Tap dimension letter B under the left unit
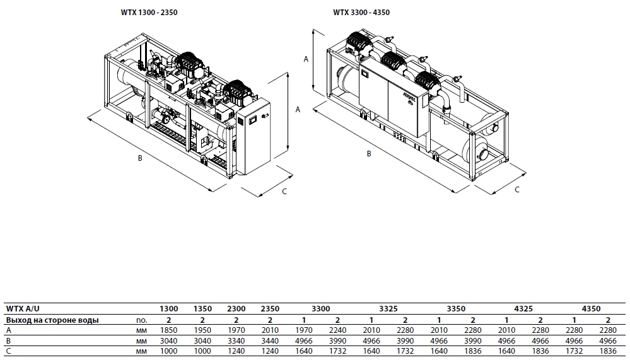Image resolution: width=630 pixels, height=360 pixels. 140,158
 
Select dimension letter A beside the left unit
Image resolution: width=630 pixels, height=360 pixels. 298,109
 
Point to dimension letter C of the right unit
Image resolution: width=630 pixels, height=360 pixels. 517,189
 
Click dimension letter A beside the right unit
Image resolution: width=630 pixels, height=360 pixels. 306,59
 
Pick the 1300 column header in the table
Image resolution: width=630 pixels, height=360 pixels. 169,309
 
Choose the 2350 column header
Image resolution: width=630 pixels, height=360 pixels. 270,309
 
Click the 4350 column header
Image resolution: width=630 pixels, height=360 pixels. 591,309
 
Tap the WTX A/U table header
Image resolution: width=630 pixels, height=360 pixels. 23,309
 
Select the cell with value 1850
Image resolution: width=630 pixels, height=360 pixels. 169,330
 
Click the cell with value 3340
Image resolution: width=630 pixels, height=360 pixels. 236,340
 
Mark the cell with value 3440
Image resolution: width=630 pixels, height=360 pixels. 270,340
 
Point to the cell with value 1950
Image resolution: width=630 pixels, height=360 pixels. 202,330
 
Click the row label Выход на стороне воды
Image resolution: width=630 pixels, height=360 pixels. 52,320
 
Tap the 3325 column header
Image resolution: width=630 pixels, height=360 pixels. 388,309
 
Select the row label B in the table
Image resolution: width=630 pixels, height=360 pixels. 8,340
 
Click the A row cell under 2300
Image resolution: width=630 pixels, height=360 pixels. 236,330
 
